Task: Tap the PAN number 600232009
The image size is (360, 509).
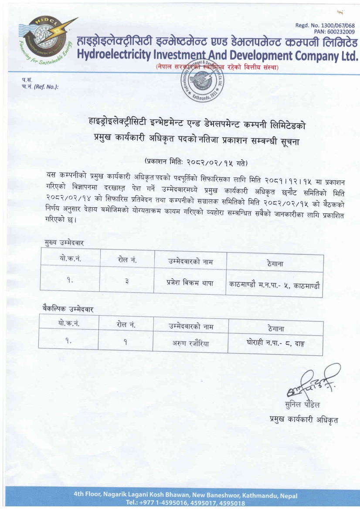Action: [x=334, y=32]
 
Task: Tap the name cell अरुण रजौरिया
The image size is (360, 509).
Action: [x=190, y=344]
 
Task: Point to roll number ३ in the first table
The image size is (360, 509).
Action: [x=127, y=282]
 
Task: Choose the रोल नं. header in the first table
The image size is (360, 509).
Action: [x=127, y=260]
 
